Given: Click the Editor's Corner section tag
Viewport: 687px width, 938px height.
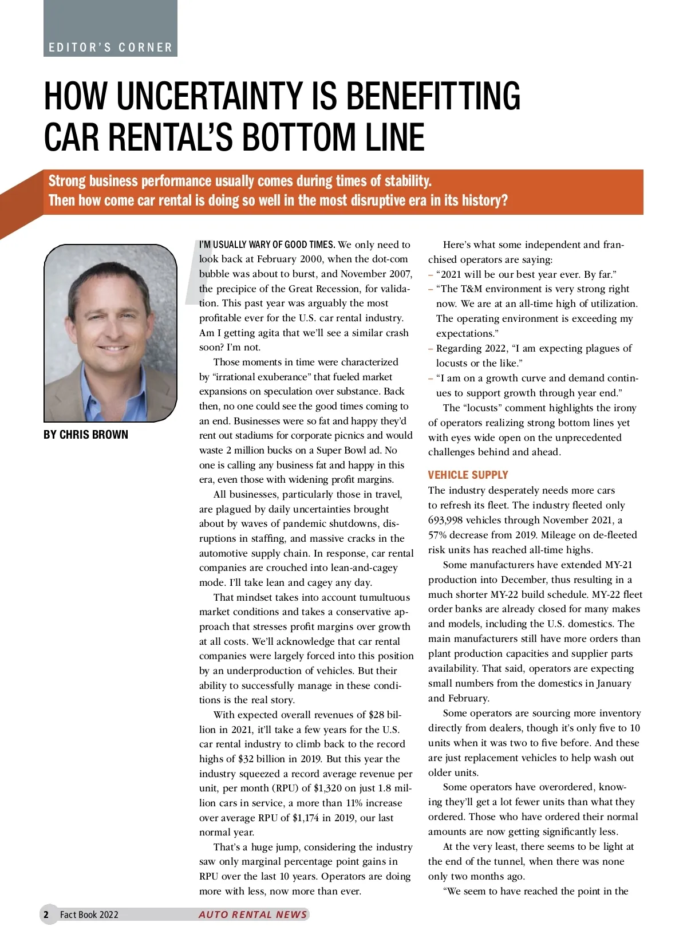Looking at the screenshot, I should coord(110,48).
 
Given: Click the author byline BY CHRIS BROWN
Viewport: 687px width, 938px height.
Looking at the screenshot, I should coord(86,435).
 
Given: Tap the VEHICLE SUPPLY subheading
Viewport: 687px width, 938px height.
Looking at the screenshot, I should coord(468,475).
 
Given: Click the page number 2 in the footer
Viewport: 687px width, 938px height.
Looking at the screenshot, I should coord(46,915).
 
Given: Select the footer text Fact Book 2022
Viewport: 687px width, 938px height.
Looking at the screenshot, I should coord(89,915).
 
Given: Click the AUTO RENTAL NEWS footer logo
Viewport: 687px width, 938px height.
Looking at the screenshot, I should coord(253,915).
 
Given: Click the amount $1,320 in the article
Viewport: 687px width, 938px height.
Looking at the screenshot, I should coord(328,788).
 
